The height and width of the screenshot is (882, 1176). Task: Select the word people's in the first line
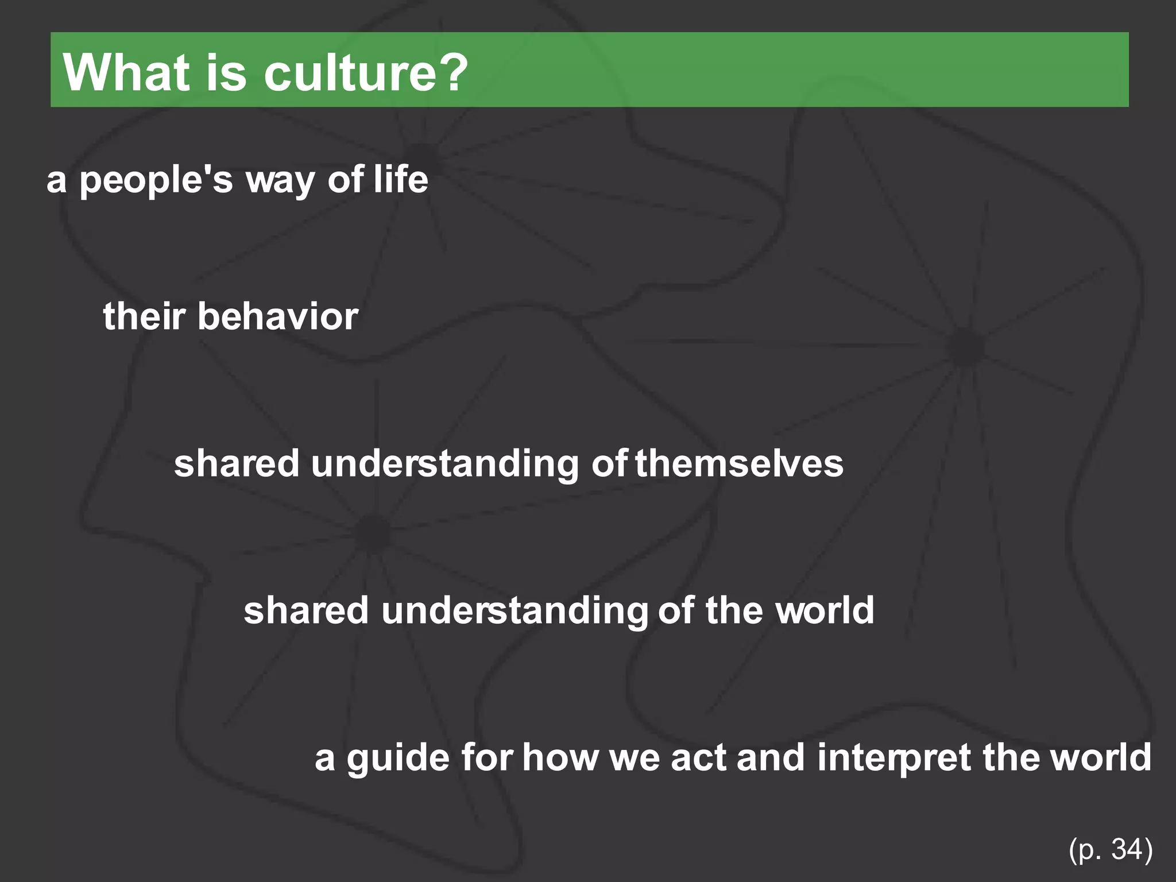[156, 180]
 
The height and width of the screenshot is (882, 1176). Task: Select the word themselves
[739, 463]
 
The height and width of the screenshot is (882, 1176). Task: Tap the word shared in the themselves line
[237, 463]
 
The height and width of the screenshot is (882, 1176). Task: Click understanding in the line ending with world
[514, 610]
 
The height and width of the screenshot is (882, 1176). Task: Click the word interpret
[894, 758]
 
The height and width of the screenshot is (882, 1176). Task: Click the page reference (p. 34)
[1111, 850]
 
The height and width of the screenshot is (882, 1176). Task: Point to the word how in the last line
[560, 758]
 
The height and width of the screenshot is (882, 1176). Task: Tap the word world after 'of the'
[825, 610]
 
